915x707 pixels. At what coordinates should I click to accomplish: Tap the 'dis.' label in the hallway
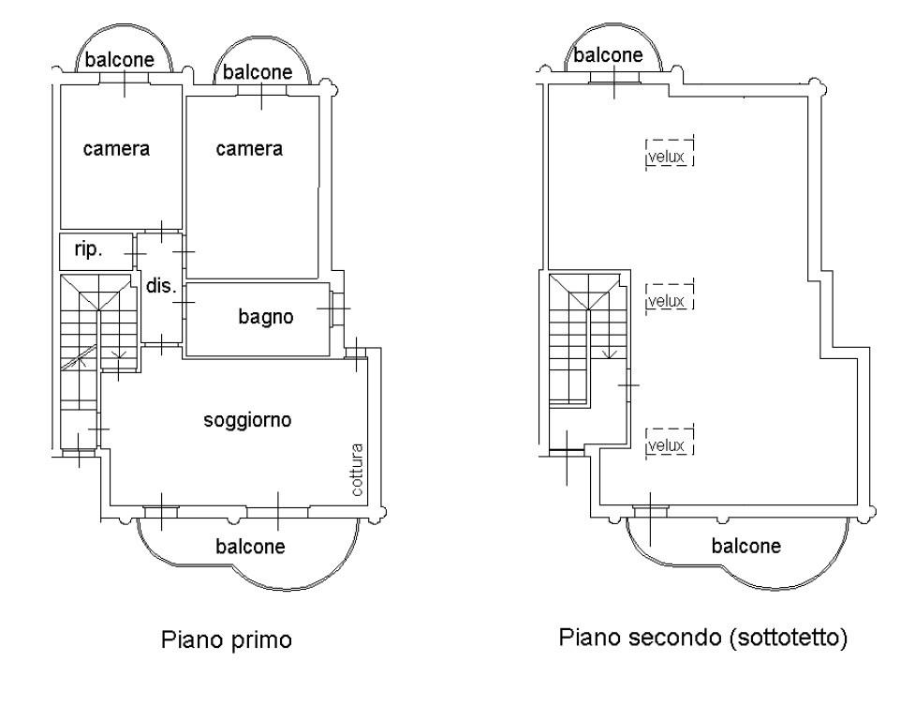pyautogui.click(x=161, y=286)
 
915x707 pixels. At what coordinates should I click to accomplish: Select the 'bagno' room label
pyautogui.click(x=266, y=317)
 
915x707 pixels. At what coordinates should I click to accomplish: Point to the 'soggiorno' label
pyautogui.click(x=247, y=420)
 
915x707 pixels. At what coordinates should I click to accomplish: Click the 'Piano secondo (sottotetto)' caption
pyautogui.click(x=703, y=639)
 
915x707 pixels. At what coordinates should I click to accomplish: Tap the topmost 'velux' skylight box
pyautogui.click(x=669, y=151)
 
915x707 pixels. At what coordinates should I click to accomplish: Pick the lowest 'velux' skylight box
pyautogui.click(x=669, y=439)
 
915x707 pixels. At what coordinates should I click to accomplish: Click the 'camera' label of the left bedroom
pyautogui.click(x=116, y=148)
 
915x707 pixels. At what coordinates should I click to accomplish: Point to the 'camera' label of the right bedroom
pyautogui.click(x=249, y=148)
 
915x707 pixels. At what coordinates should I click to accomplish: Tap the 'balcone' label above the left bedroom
pyautogui.click(x=120, y=60)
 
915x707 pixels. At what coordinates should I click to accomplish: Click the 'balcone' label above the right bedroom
pyautogui.click(x=257, y=71)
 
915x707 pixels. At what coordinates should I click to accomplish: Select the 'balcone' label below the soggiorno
pyautogui.click(x=250, y=546)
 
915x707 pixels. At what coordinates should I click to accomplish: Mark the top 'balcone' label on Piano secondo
pyautogui.click(x=609, y=55)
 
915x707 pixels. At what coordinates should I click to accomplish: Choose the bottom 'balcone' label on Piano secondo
pyautogui.click(x=746, y=546)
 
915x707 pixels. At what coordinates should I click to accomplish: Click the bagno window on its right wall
pyautogui.click(x=335, y=307)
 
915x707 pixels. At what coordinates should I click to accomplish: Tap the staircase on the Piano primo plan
pyautogui.click(x=97, y=328)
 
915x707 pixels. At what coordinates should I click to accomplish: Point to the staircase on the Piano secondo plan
pyautogui.click(x=586, y=328)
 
